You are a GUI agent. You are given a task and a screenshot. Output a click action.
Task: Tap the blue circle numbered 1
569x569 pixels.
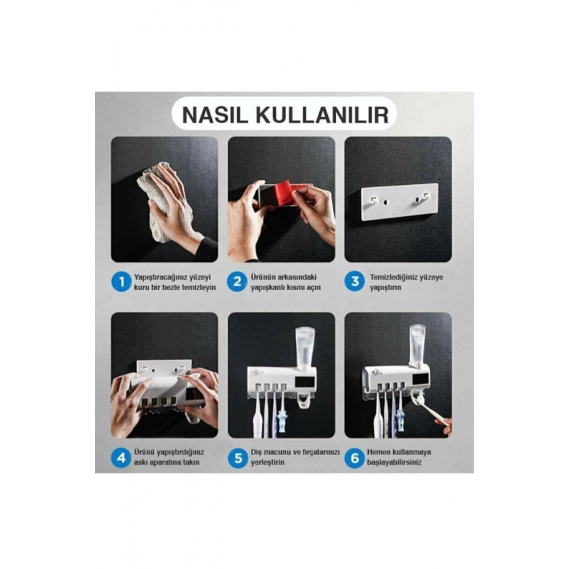pos(121,282)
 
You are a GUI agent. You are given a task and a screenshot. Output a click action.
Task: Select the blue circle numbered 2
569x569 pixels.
pos(238,282)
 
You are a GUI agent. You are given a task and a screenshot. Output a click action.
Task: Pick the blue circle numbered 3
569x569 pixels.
pos(354,282)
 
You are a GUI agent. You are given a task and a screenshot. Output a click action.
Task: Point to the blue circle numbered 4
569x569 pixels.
pos(121,457)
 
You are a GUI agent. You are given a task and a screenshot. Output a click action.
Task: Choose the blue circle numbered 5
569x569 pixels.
pos(238,457)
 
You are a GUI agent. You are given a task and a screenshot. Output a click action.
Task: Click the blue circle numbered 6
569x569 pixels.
pos(354,457)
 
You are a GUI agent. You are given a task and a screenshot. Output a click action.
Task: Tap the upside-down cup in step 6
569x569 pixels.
pos(417,344)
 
